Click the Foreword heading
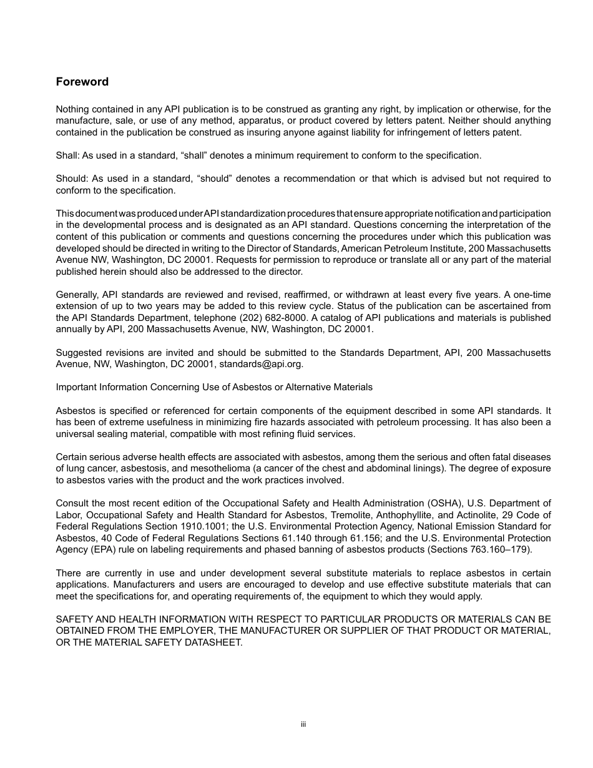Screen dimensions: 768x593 click(82, 82)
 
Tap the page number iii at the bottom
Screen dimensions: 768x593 click(303, 724)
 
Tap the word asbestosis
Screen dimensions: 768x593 click(137, 468)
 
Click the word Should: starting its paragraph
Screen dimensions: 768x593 click(73, 179)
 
